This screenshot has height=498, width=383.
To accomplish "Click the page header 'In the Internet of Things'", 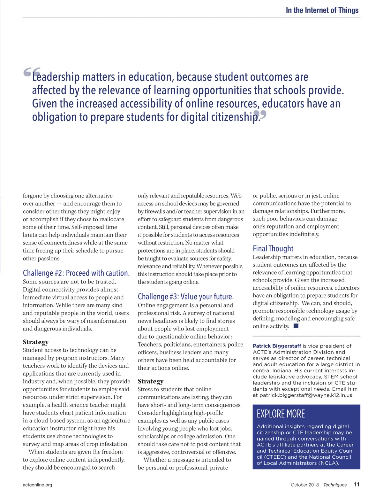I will click(322, 10).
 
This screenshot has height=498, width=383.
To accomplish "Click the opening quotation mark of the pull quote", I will click(32, 72).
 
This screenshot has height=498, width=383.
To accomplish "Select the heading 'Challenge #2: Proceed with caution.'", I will click(76, 273).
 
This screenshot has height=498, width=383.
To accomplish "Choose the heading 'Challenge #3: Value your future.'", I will click(186, 297).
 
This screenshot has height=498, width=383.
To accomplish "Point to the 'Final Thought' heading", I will click(273, 249).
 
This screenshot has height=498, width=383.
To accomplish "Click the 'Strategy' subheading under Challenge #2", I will click(36, 342).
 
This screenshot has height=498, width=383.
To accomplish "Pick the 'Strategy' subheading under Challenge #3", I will click(151, 381).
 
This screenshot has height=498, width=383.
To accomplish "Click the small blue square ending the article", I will click(296, 326).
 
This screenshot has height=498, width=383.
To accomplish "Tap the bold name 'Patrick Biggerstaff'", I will click(277, 346).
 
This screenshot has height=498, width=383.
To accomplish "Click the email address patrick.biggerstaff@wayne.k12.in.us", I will click(306, 395).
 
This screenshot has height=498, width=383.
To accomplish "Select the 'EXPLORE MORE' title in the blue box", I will click(281, 414).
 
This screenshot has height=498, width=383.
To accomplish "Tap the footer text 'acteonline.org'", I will click(37, 485).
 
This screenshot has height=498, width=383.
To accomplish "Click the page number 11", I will click(357, 485).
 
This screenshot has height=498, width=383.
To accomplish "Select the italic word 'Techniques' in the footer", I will click(335, 485).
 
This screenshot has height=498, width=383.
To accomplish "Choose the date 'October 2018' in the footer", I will click(305, 485).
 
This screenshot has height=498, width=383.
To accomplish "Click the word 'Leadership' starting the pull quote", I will click(56, 77).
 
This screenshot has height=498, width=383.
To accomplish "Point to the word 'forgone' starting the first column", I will click(32, 196).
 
